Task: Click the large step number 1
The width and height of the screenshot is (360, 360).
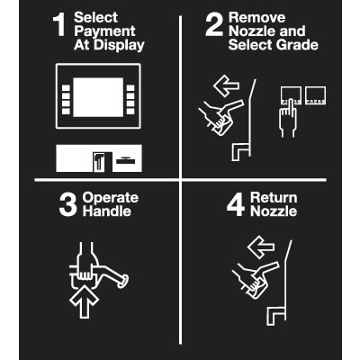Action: click(x=59, y=25)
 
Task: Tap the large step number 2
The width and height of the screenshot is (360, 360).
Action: click(x=214, y=25)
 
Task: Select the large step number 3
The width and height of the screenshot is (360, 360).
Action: click(x=68, y=205)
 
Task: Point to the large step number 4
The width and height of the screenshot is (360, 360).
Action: click(x=236, y=205)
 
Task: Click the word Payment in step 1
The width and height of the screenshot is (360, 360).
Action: click(x=104, y=31)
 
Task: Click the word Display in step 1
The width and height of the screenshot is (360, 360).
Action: click(x=119, y=45)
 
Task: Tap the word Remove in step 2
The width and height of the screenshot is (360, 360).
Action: click(x=256, y=18)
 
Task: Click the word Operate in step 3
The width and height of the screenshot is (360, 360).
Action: click(x=111, y=198)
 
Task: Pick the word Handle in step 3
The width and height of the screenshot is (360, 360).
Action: click(x=107, y=211)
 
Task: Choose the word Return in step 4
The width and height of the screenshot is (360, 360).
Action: click(x=274, y=198)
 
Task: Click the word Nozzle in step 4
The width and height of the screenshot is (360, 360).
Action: click(x=274, y=211)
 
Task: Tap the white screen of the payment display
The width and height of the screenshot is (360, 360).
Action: click(x=98, y=97)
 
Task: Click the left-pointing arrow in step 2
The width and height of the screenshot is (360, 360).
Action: click(x=226, y=85)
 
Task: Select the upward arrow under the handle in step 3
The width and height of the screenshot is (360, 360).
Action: click(x=84, y=301)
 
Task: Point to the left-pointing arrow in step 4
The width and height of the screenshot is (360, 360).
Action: click(x=261, y=247)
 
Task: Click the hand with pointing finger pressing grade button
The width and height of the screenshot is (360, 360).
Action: click(x=288, y=119)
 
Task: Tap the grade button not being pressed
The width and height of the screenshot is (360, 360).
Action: click(x=315, y=95)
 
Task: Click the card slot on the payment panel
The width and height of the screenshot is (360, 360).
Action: click(x=126, y=161)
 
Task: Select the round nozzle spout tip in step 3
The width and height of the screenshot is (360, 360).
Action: click(x=123, y=282)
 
